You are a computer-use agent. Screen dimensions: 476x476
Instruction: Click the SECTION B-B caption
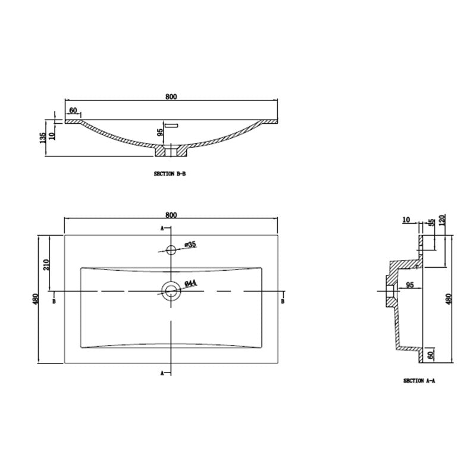(170, 175)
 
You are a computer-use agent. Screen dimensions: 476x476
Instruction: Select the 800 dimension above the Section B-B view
(172, 96)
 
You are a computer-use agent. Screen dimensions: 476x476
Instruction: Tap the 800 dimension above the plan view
(171, 214)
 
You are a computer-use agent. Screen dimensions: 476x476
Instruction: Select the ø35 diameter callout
(190, 244)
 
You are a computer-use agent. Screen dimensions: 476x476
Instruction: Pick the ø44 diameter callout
(190, 284)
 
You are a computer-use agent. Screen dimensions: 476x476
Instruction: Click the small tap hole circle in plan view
(171, 249)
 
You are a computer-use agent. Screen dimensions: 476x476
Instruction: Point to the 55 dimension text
(431, 223)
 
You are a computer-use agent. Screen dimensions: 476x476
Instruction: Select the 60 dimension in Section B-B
(74, 111)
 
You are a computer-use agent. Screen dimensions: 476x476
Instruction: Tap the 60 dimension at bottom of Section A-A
(431, 355)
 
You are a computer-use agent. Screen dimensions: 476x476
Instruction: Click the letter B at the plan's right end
(283, 302)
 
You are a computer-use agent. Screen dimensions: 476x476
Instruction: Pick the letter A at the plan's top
(162, 228)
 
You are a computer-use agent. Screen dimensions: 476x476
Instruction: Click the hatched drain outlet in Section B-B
(171, 151)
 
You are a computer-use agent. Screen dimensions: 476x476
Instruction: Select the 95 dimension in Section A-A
(410, 286)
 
